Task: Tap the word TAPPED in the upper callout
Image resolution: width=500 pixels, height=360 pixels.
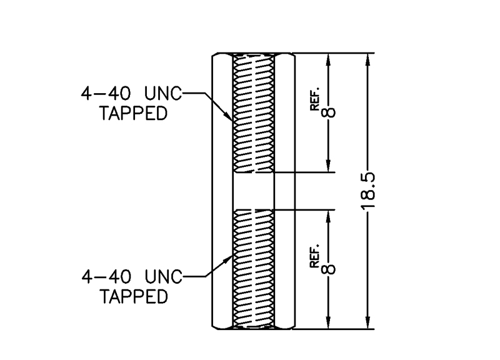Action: [x=134, y=114]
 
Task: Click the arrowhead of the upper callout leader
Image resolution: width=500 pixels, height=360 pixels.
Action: [x=229, y=118]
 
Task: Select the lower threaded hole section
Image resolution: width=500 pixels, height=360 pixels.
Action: [x=253, y=269]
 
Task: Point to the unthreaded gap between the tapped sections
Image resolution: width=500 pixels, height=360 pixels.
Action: [x=253, y=191]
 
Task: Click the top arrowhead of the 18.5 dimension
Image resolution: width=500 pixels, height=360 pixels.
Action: [x=368, y=59]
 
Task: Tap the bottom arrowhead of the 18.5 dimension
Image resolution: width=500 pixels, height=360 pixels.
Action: [x=368, y=322]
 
